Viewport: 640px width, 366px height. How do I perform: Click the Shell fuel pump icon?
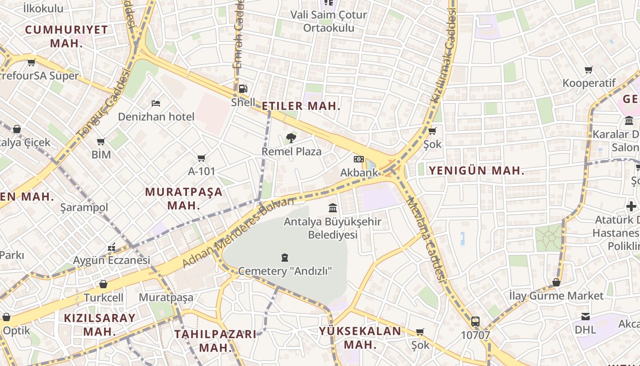click(243, 89)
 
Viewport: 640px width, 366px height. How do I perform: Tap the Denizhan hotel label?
click(156, 117)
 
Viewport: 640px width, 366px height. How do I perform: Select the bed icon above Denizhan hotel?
click(156, 103)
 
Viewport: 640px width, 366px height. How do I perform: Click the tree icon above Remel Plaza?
click(291, 138)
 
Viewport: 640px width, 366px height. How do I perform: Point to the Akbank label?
click(359, 172)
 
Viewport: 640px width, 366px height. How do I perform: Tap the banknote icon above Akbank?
click(359, 159)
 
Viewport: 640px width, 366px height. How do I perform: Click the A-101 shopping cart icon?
click(201, 158)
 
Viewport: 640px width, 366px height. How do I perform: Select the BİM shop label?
click(101, 155)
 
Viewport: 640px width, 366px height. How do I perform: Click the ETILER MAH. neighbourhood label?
click(301, 106)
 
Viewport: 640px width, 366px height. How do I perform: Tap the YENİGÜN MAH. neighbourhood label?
click(476, 171)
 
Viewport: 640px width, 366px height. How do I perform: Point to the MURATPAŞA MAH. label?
click(184, 198)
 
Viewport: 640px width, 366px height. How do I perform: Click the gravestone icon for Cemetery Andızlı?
click(285, 258)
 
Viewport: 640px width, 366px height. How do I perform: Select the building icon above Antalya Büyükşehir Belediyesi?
click(333, 208)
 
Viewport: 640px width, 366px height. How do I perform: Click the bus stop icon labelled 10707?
click(475, 321)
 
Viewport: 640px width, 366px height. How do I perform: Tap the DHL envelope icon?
click(585, 317)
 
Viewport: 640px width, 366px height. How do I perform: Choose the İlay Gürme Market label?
click(556, 296)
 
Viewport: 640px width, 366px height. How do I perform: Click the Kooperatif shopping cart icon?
click(589, 70)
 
